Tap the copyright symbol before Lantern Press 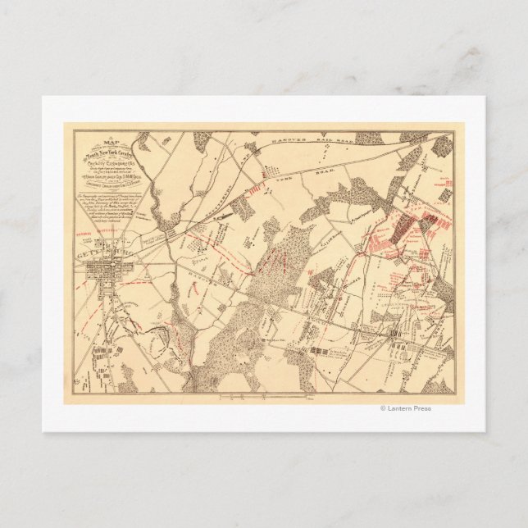(x=382, y=408)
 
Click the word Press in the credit (x=421, y=408)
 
